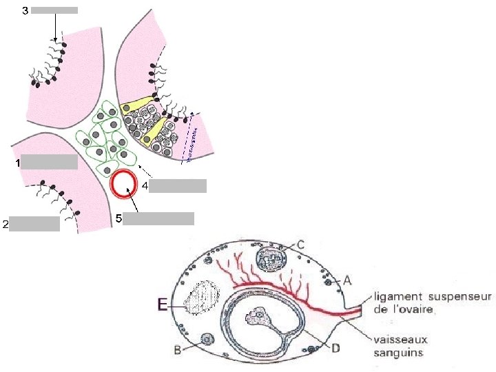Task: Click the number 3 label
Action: coord(25,10)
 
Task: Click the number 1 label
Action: coord(17,163)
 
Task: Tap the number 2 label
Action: coord(6,224)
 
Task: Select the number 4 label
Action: coord(145,185)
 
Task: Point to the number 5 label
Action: coord(118,218)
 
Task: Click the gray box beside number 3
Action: coord(54,10)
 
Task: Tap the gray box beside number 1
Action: coord(49,163)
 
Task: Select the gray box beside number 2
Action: coord(34,223)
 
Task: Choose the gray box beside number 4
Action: coord(178,185)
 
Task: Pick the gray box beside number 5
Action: coord(158,218)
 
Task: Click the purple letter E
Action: coord(162,304)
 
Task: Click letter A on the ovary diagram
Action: coord(347,280)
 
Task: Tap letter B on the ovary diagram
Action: coord(178,350)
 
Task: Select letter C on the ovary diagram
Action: coord(300,244)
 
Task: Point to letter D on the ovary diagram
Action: coord(335,349)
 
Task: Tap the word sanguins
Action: coord(398,353)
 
